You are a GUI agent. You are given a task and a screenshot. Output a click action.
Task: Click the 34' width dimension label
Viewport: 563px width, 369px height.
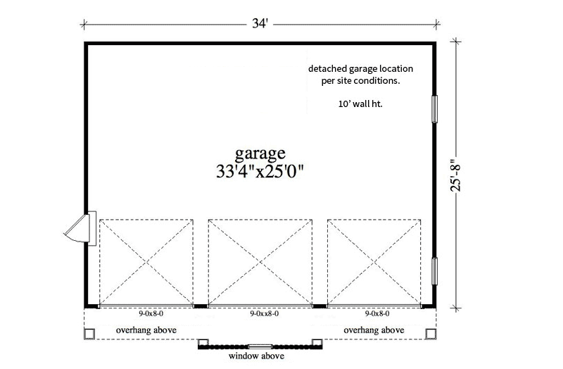pos(260,24)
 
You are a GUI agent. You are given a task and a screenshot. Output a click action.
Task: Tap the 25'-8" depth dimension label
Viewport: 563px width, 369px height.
pos(455,175)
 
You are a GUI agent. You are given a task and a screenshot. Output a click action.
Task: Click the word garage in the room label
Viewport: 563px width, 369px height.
pos(260,154)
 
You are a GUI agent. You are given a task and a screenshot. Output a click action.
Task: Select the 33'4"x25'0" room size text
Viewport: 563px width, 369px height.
pos(260,171)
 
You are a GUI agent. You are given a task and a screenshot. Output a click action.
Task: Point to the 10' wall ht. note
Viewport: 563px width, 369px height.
pos(360,104)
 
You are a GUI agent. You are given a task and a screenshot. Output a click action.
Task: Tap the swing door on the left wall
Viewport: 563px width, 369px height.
pos(80,229)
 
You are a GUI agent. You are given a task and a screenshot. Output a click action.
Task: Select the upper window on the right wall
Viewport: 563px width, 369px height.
pos(434,109)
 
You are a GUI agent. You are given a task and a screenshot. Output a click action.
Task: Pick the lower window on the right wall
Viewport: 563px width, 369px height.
pos(434,271)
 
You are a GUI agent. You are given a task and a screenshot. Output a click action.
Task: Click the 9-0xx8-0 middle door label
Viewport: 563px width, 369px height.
pos(265,313)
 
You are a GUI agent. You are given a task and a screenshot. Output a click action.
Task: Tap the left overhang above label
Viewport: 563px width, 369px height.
pos(146,330)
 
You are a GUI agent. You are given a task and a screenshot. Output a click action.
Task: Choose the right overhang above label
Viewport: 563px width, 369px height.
pos(374,330)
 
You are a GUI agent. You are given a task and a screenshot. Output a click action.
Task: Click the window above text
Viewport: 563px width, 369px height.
pos(256,356)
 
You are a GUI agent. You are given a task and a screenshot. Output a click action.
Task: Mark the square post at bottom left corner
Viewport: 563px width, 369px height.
pos(89,334)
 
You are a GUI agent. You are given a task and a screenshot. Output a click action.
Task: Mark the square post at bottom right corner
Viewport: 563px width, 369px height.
pos(431,334)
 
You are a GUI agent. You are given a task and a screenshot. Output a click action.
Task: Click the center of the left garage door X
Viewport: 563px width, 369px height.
pos(146,263)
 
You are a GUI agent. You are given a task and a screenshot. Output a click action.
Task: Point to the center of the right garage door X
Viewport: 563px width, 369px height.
pos(374,263)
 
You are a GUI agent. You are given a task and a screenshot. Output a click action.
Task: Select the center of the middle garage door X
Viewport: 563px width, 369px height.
pos(260,263)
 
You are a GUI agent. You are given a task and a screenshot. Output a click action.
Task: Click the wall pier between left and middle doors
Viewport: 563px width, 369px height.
pos(201,306)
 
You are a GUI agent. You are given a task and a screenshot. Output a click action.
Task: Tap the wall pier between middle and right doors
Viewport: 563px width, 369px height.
pos(320,306)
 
